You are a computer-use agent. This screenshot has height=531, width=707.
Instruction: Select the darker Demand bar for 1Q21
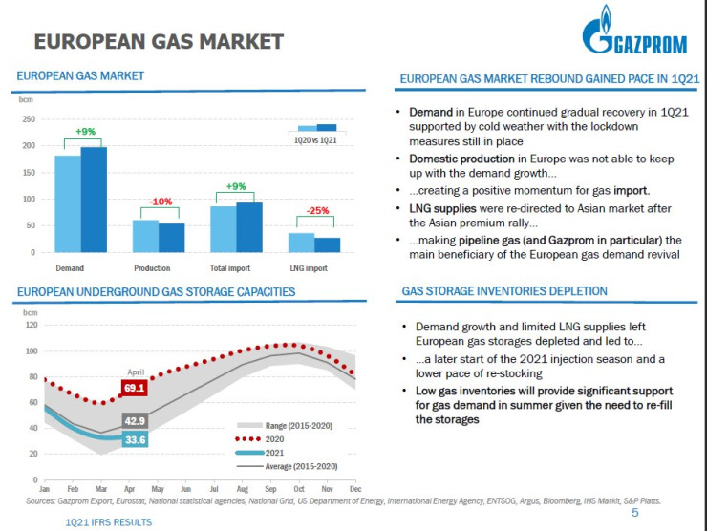(x=94, y=200)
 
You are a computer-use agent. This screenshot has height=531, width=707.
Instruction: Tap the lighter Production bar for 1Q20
(x=145, y=236)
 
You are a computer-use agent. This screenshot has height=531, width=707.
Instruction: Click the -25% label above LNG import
(x=318, y=210)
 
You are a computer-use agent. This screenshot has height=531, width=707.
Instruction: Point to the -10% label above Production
(x=161, y=202)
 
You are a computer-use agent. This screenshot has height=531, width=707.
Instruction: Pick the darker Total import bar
(x=249, y=227)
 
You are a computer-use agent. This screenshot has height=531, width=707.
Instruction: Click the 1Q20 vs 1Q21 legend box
(x=317, y=135)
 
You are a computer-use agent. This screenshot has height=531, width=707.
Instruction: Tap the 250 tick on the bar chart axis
(x=29, y=119)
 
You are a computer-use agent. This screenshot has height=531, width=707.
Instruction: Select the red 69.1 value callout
(x=135, y=388)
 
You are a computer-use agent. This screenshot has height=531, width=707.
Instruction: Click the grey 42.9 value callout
(x=135, y=421)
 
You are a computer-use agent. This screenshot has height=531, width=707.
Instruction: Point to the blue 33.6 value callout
(x=135, y=439)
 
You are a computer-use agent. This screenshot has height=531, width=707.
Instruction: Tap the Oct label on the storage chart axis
(x=299, y=488)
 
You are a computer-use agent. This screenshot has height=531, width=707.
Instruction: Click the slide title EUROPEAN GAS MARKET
(x=159, y=41)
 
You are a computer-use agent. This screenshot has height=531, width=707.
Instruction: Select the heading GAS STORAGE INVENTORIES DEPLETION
(x=503, y=290)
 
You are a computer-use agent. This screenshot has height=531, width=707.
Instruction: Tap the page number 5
(x=634, y=513)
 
